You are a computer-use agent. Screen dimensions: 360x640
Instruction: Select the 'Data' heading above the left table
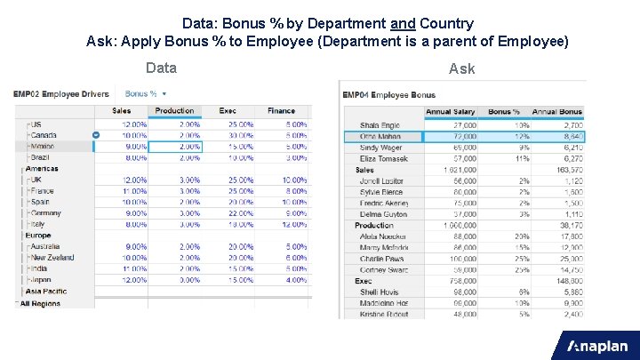(161, 68)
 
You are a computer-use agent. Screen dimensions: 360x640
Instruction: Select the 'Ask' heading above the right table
(462, 68)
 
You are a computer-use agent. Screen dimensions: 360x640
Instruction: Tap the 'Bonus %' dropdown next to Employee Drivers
(146, 93)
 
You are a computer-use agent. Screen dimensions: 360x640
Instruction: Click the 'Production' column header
(174, 111)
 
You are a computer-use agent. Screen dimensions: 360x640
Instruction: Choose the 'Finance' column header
(281, 111)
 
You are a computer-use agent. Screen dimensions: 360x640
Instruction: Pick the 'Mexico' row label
(43, 146)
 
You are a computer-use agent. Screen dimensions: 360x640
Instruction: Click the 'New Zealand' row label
(52, 258)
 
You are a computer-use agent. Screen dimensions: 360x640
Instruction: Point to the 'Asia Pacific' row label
(47, 291)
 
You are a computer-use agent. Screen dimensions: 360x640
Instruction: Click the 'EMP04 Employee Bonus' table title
(388, 94)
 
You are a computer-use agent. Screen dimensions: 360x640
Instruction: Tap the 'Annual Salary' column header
(451, 112)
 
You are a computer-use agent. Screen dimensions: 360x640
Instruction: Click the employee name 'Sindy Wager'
(380, 148)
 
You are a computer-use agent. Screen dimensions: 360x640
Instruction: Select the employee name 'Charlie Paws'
(381, 259)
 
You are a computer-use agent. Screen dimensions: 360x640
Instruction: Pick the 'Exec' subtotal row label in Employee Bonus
(364, 281)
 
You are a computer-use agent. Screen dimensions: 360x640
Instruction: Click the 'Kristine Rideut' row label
(384, 314)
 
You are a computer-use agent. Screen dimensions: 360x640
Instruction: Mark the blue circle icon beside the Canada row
(96, 135)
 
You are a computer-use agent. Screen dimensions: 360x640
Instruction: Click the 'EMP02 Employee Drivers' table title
(61, 93)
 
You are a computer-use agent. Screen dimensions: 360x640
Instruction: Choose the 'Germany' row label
(44, 213)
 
